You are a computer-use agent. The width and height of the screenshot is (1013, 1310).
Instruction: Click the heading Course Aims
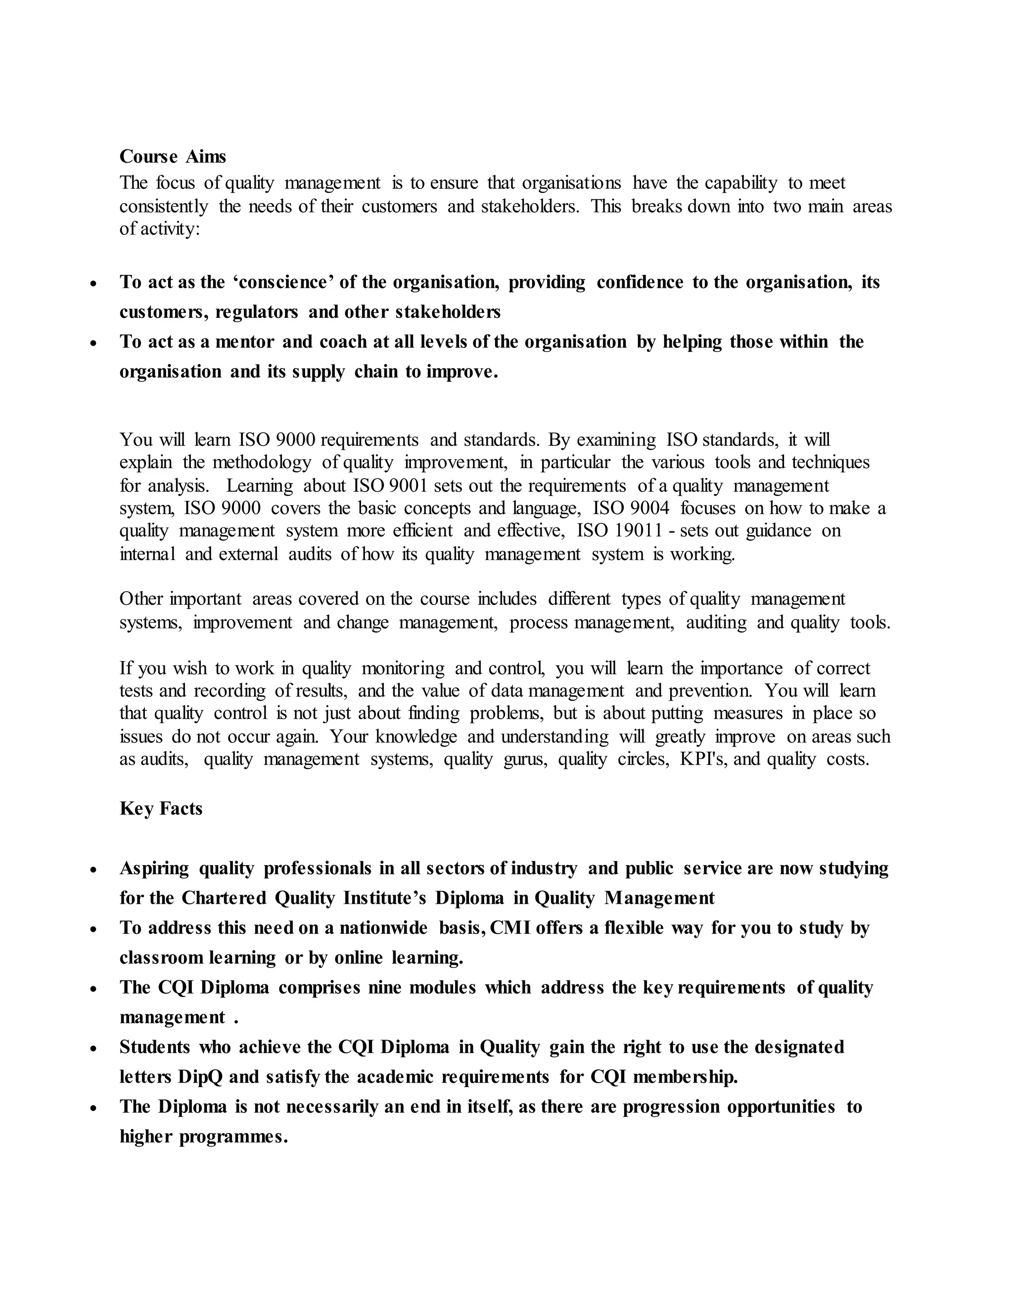[x=173, y=157]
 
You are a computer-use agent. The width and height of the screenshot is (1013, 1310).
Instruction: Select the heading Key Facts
[x=161, y=809]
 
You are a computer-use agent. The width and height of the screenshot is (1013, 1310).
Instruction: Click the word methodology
[x=262, y=463]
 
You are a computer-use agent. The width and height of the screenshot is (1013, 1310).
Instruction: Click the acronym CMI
[x=510, y=928]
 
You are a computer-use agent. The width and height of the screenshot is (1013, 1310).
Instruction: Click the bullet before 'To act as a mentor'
[x=93, y=343]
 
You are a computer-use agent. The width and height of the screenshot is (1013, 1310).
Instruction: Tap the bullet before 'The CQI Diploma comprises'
[x=93, y=989]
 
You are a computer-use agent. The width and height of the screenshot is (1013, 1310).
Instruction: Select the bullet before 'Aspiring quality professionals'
[x=93, y=869]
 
